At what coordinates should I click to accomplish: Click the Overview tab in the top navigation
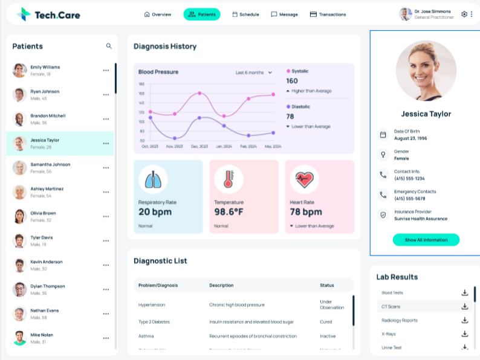tap(158, 14)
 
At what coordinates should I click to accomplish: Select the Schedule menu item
tap(245, 14)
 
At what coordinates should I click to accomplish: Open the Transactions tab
tap(328, 14)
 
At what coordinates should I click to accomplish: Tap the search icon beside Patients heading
tap(109, 46)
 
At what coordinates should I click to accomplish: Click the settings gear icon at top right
tap(464, 14)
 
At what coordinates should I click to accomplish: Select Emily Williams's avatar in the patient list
tap(19, 70)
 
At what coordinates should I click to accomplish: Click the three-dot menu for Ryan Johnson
tap(106, 95)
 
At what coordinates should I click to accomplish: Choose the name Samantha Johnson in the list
tap(50, 164)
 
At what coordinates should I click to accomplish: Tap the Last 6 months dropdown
tap(254, 72)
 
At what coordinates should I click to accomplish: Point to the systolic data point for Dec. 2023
tap(199, 93)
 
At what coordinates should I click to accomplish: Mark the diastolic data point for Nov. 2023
tap(175, 138)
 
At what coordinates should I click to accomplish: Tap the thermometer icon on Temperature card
tap(228, 179)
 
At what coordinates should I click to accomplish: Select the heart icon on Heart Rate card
tap(303, 179)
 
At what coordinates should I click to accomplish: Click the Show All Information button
tap(426, 240)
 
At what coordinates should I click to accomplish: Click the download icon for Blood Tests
tap(465, 293)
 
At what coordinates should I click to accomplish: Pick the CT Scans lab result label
tap(391, 306)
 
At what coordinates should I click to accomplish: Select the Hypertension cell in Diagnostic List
tap(152, 305)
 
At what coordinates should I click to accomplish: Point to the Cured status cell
tap(326, 322)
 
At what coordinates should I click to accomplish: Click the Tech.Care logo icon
tap(24, 14)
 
